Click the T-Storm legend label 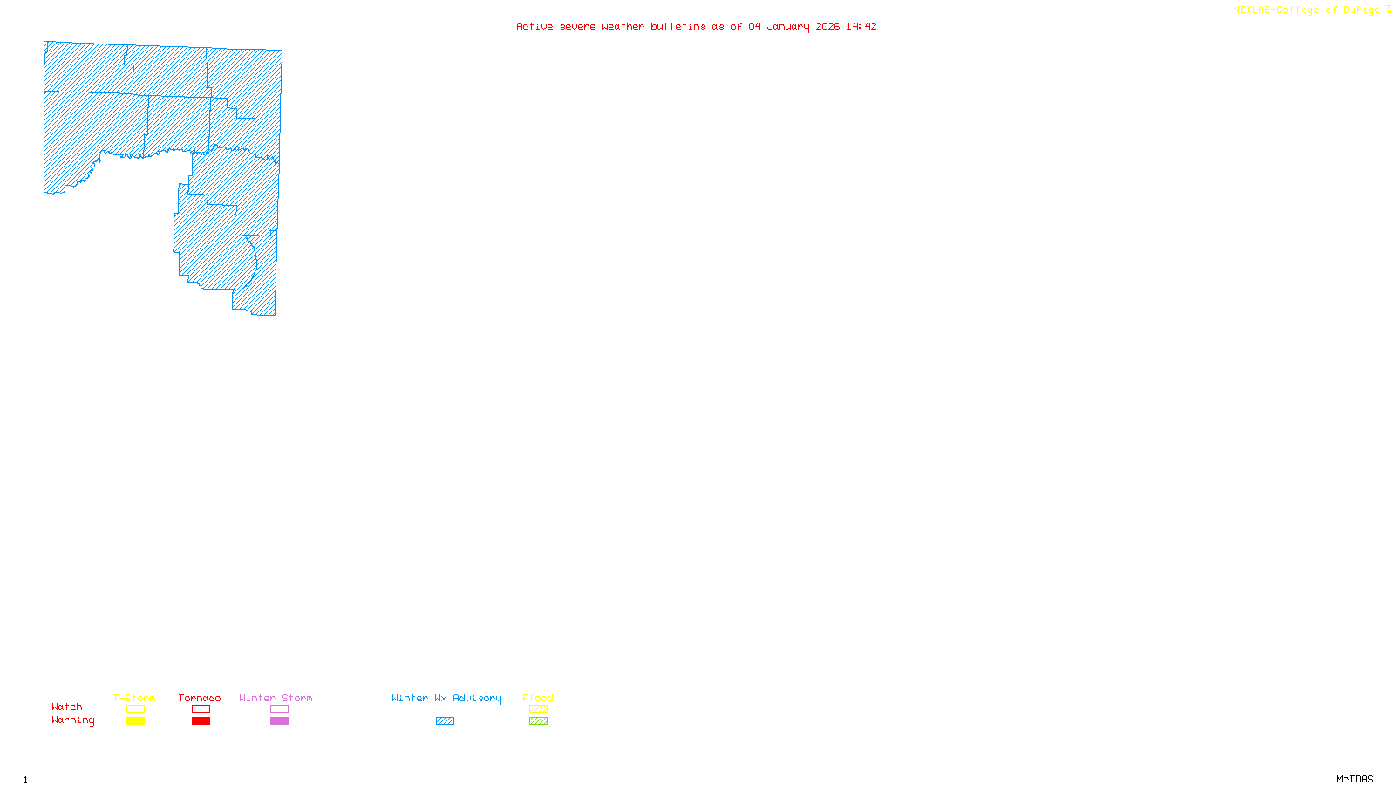(x=134, y=698)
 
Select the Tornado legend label (x=200, y=698)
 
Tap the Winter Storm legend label (x=276, y=698)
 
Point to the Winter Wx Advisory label (x=446, y=698)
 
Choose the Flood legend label (x=538, y=698)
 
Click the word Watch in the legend (x=67, y=706)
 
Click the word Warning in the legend (x=72, y=720)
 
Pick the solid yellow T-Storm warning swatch (x=135, y=721)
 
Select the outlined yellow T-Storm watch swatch (x=135, y=709)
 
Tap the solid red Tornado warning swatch (x=201, y=721)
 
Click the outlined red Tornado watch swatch (x=201, y=709)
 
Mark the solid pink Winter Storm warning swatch (x=279, y=721)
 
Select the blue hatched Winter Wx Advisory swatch (x=445, y=721)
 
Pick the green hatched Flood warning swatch (x=538, y=721)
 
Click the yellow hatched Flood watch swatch (x=538, y=709)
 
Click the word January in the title (x=788, y=26)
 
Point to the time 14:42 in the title (x=861, y=26)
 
